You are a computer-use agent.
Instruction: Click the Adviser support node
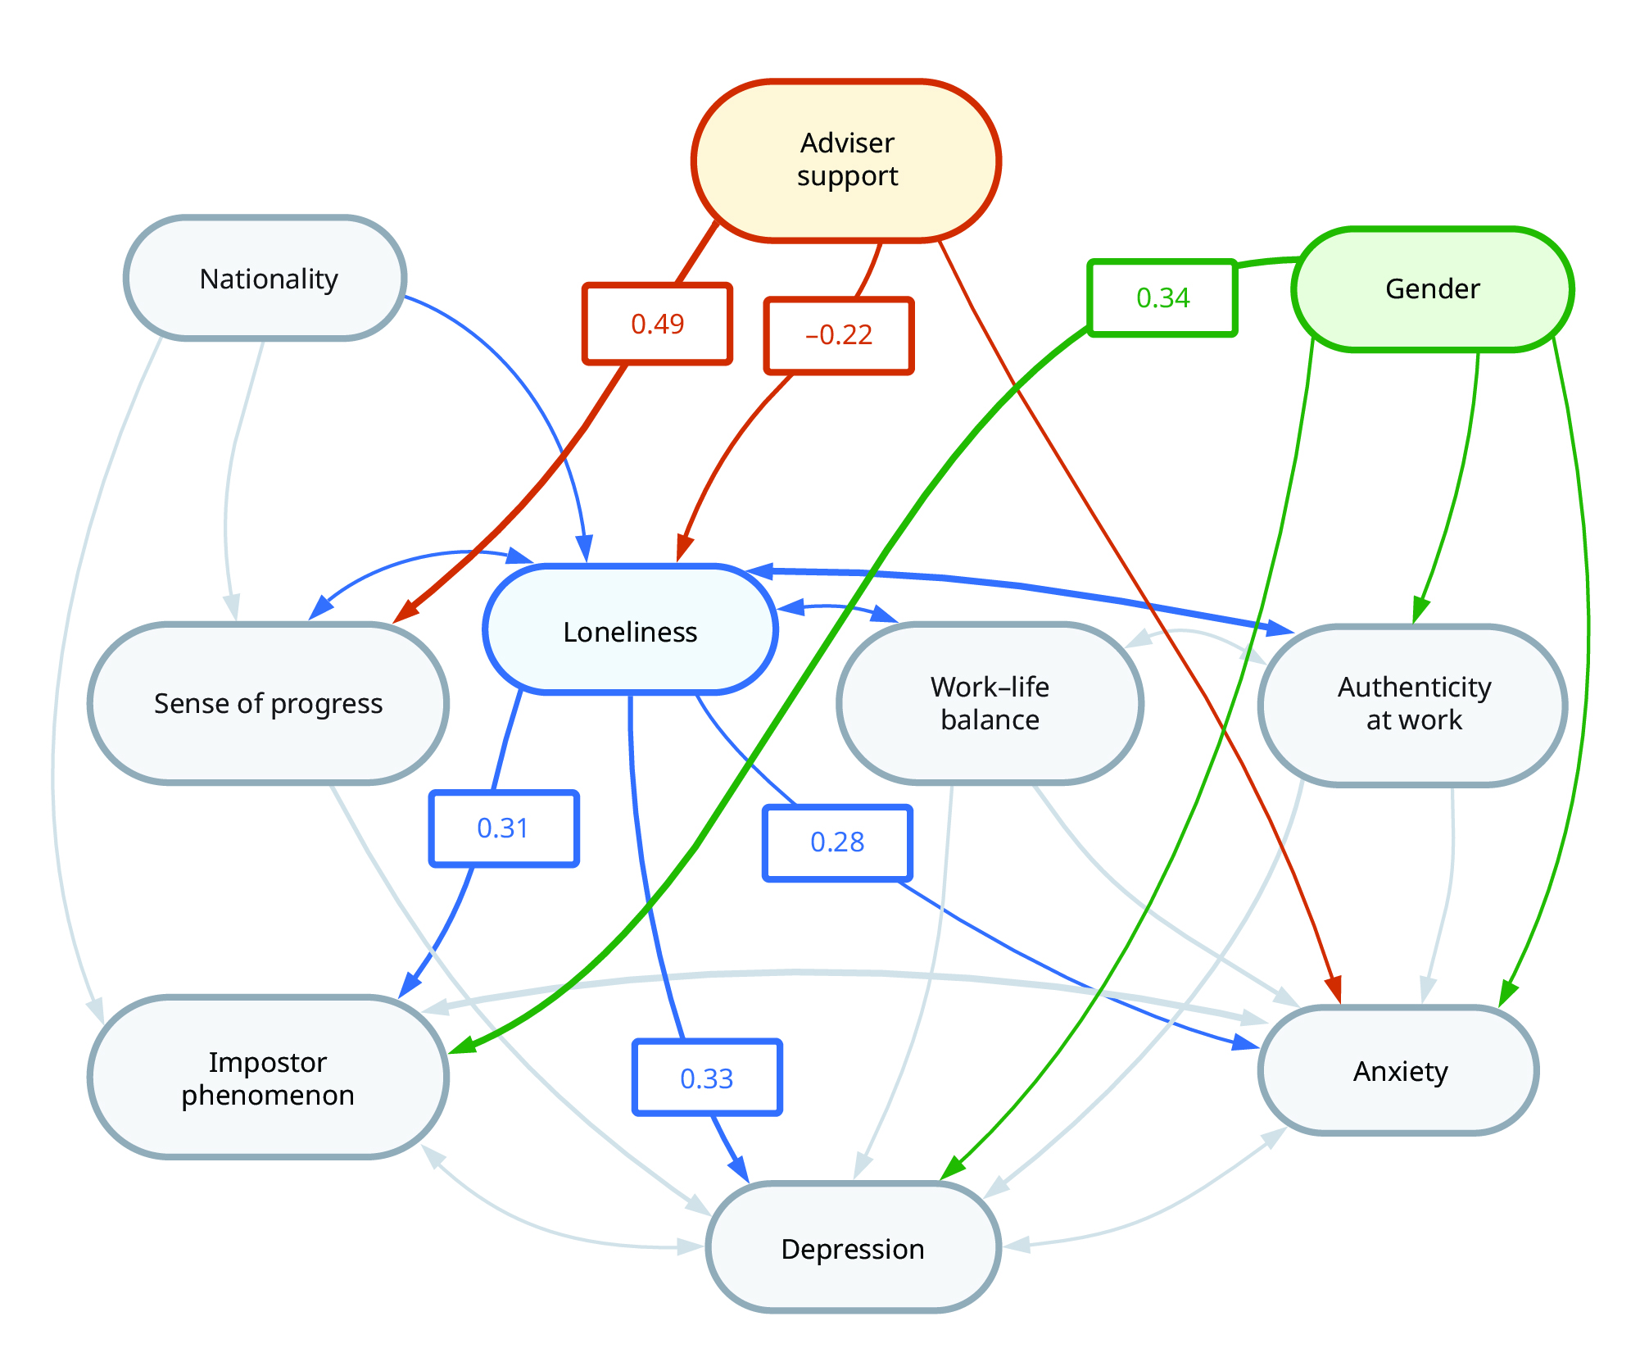846,161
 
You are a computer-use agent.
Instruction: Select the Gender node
1432,289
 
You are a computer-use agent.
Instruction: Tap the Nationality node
266,279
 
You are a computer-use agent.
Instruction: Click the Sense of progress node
268,704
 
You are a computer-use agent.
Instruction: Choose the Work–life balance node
990,703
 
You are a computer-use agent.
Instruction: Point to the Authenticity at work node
1413,704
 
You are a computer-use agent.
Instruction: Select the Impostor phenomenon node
268,1078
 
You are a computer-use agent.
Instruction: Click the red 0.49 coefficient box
657,325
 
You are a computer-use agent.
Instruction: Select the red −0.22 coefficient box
839,335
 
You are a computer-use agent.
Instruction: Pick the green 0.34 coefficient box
1162,297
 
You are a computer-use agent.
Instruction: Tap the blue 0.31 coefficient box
503,829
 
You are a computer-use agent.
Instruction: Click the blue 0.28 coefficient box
837,842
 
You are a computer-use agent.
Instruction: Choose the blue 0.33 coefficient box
707,1078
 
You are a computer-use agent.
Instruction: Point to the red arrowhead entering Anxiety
1334,989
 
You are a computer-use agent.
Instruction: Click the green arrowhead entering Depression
952,1168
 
